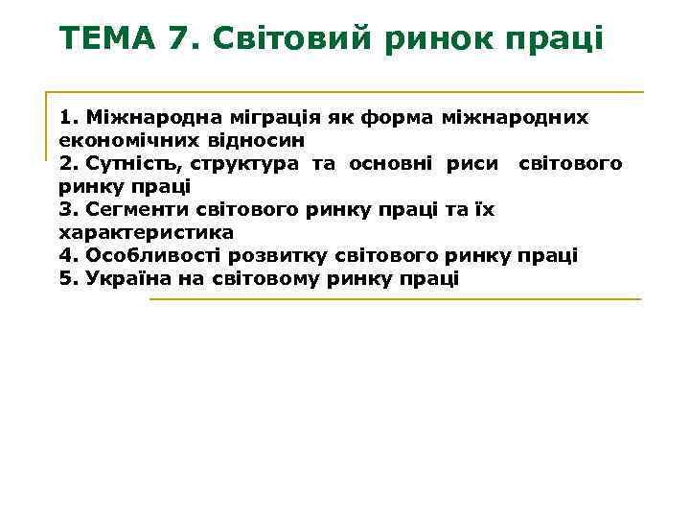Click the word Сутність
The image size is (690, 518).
(126, 164)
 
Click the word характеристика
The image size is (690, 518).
(146, 233)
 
